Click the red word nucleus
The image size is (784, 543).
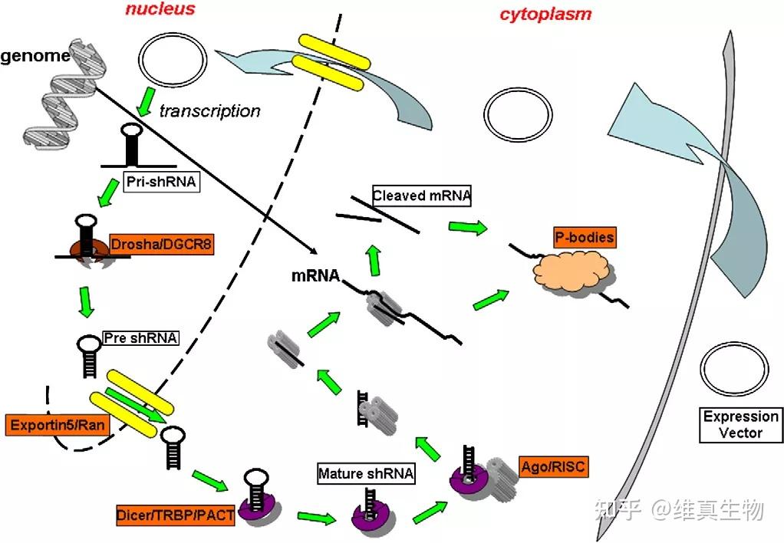click(160, 10)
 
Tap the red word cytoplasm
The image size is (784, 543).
click(545, 14)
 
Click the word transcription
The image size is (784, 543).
click(209, 111)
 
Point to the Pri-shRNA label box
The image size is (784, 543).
click(162, 184)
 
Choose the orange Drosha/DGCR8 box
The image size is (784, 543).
click(161, 245)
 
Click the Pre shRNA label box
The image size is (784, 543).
click(140, 337)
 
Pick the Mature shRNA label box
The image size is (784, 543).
click(367, 474)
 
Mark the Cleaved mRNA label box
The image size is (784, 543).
click(421, 196)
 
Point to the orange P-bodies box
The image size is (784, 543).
click(584, 237)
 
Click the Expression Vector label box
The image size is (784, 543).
click(741, 425)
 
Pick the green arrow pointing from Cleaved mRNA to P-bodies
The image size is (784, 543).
click(468, 228)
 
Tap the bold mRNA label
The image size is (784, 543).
click(315, 275)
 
